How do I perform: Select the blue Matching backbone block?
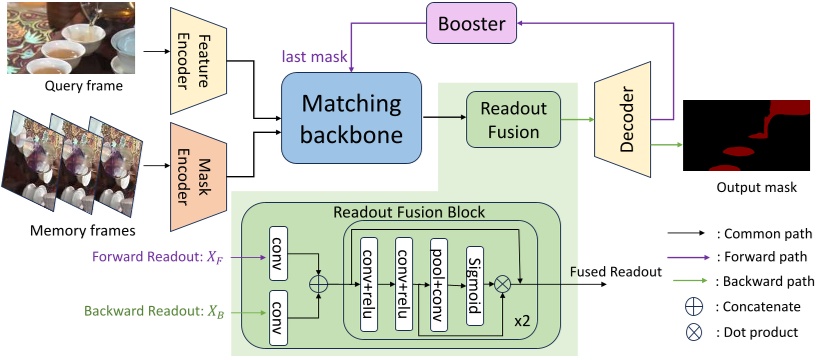[353, 118]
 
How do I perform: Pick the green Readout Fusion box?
[511, 119]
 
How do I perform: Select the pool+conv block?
[439, 284]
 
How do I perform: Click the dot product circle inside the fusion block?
[504, 285]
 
